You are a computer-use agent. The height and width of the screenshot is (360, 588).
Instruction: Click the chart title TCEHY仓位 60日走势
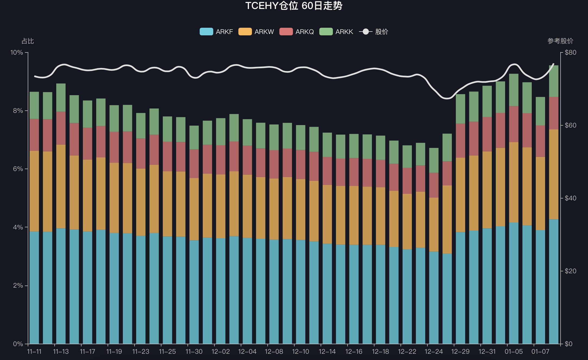(x=294, y=6)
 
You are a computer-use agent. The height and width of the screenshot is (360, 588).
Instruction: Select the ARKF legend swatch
(x=206, y=32)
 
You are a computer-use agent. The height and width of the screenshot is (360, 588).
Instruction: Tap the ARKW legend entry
(x=256, y=32)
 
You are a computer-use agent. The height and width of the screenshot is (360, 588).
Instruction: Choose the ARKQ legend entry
(x=297, y=32)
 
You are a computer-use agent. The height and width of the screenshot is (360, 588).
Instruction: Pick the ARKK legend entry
(x=336, y=32)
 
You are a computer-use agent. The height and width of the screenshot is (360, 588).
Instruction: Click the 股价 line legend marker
(x=366, y=32)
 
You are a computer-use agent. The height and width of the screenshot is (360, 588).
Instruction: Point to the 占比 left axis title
(x=28, y=41)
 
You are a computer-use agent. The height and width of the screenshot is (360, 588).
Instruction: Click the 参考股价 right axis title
(x=560, y=41)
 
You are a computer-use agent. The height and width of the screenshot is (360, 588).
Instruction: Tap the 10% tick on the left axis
(x=17, y=52)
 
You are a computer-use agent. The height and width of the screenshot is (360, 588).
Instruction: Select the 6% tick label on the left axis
(x=18, y=169)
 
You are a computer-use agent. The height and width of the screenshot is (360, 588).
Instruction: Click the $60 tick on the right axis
(x=570, y=125)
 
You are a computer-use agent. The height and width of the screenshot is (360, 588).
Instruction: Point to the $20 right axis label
(x=570, y=271)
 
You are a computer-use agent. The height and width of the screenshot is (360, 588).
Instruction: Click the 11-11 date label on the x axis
(x=34, y=352)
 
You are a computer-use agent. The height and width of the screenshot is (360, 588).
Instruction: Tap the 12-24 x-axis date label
(x=434, y=352)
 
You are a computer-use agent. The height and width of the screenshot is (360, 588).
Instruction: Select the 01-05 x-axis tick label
(x=514, y=352)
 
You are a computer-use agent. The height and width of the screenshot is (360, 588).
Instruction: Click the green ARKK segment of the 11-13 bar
(x=61, y=97)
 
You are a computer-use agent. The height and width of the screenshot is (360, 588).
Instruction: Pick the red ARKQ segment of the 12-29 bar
(x=460, y=141)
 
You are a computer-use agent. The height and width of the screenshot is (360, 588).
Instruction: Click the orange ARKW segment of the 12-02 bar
(x=221, y=206)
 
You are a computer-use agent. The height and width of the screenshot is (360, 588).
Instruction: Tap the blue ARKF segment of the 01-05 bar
(x=514, y=283)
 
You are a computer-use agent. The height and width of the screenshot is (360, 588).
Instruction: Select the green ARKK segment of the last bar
(x=553, y=81)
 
